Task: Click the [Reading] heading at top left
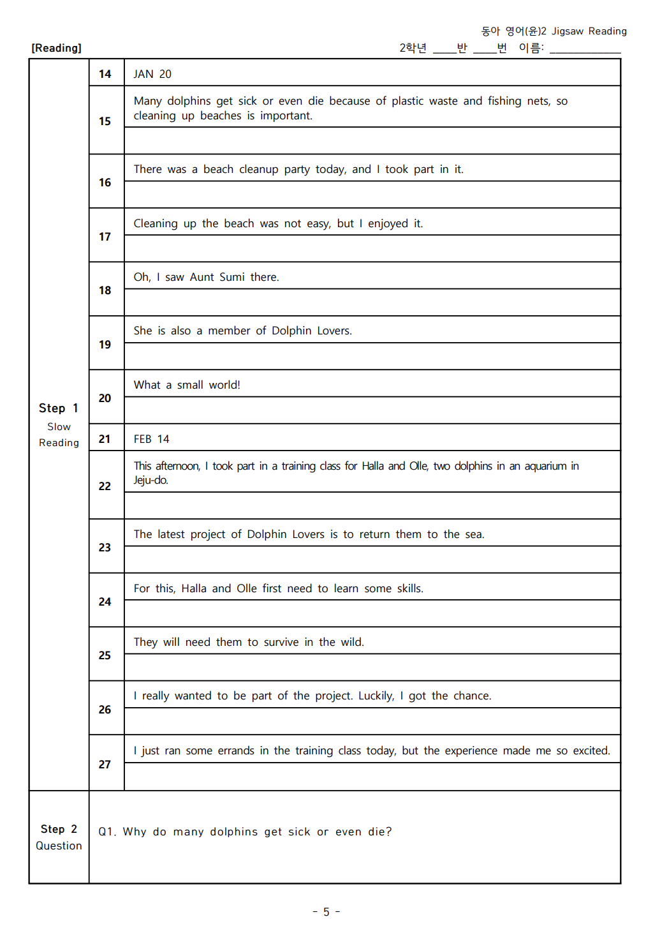[x=56, y=49]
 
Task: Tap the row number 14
[x=105, y=74]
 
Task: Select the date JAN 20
[x=152, y=74]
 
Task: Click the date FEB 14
[x=151, y=439]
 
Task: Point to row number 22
[x=105, y=486]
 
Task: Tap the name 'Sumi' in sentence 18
[x=232, y=277]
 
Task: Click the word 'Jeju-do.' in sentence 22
[x=151, y=480]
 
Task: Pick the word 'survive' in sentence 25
[x=281, y=642]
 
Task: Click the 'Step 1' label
[x=59, y=408]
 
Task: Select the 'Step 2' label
[x=59, y=829]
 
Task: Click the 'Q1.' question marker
[x=107, y=832]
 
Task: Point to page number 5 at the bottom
[x=326, y=912]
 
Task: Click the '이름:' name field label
[x=531, y=48]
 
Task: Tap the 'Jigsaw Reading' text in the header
[x=589, y=31]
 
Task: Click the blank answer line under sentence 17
[x=372, y=249]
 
